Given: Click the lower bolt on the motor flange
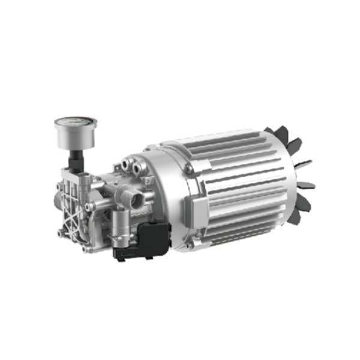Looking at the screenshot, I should coord(189,244).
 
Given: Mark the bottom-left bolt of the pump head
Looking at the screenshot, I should coord(61,232).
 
